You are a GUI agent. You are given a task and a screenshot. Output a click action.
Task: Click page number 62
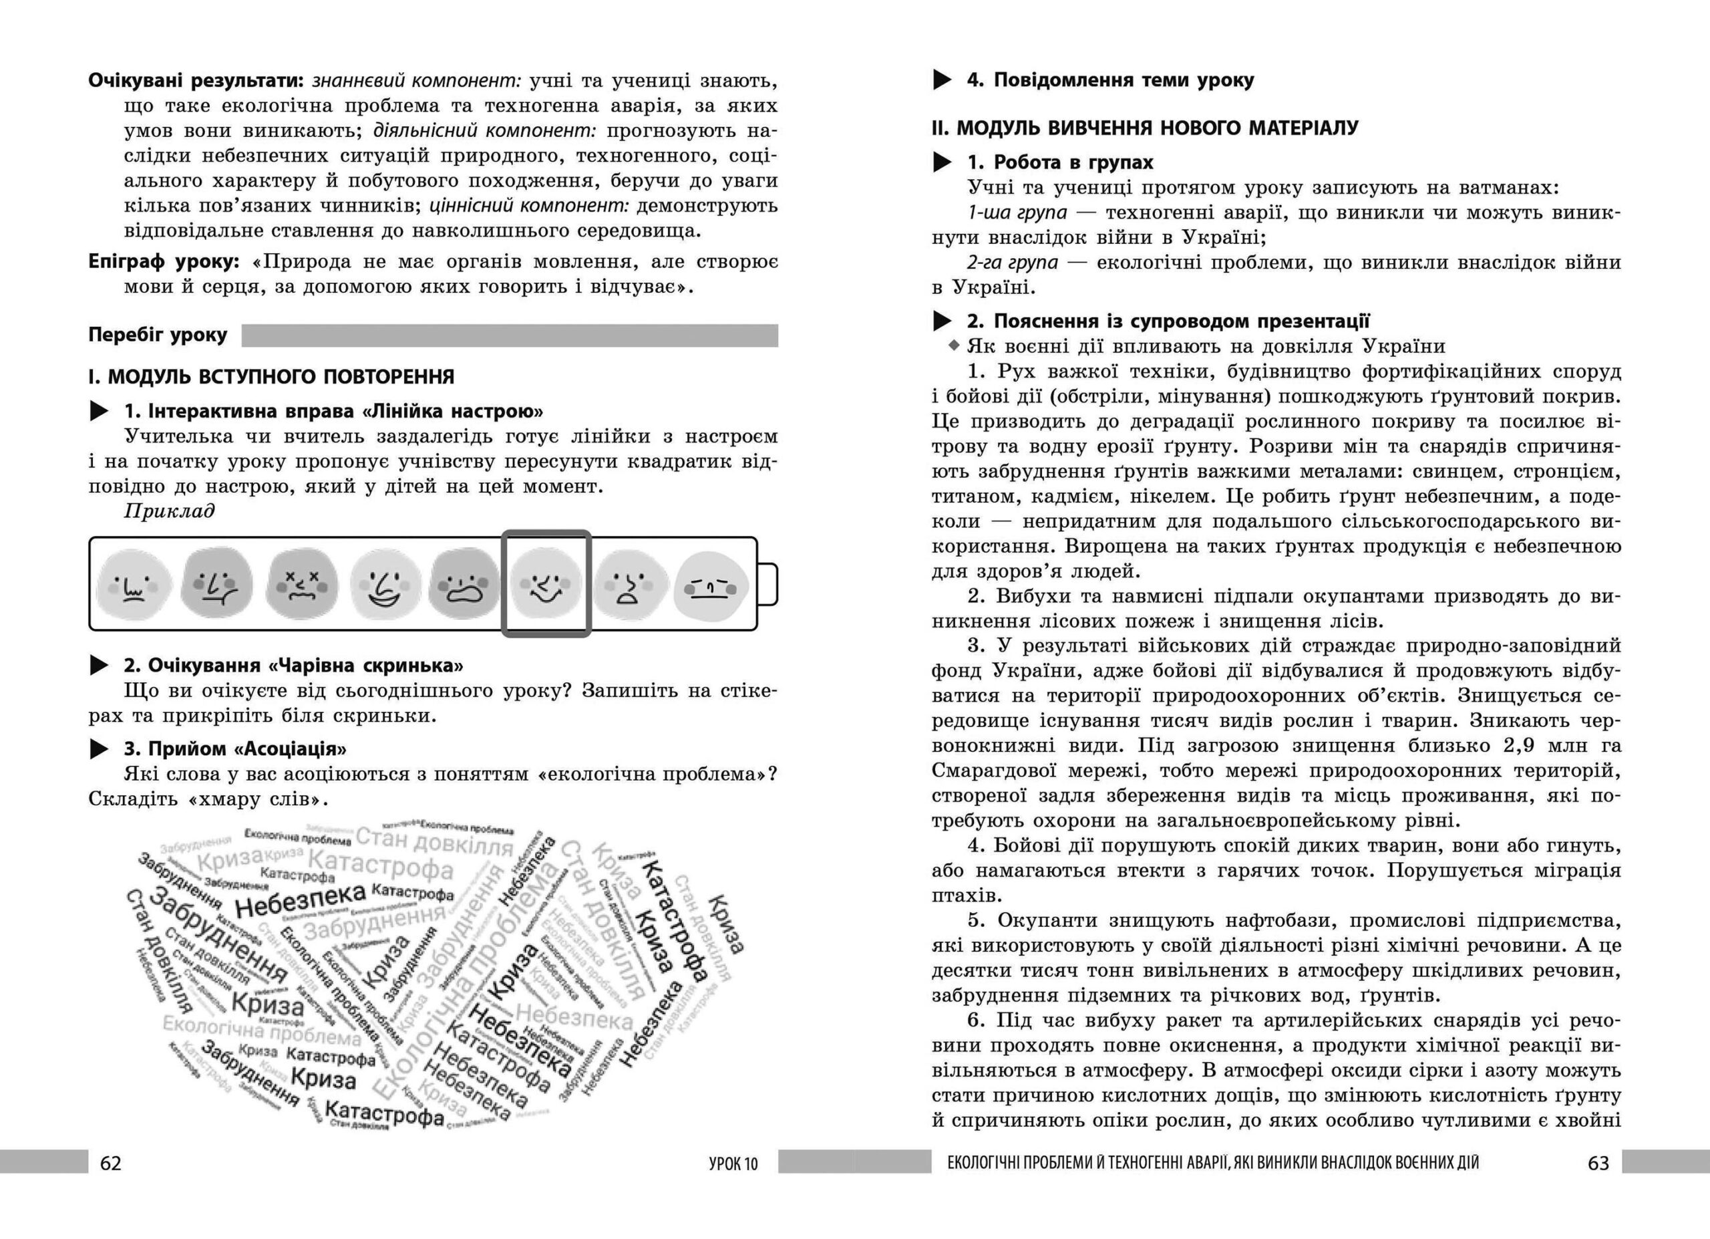click(x=110, y=1163)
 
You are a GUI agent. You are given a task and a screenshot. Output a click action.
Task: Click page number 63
click(x=1598, y=1163)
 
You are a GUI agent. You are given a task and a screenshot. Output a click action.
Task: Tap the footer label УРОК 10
click(x=733, y=1163)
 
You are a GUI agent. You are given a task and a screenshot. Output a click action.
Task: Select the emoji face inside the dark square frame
click(x=546, y=585)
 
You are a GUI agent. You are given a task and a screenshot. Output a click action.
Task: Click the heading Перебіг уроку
click(x=158, y=335)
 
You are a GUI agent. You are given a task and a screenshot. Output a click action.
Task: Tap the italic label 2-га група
click(x=1012, y=263)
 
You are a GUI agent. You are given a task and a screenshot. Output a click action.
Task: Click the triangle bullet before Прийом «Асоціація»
click(x=99, y=749)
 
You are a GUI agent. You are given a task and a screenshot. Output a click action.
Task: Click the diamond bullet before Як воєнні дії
click(x=955, y=346)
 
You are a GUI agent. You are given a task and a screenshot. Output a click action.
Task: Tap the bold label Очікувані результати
click(x=195, y=81)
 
